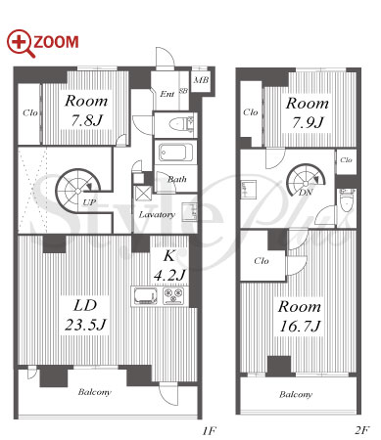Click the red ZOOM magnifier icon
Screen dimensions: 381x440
tap(21, 43)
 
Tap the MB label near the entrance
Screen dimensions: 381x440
tap(201, 80)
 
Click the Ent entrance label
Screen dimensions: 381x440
tap(167, 94)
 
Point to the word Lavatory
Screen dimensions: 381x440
tap(157, 214)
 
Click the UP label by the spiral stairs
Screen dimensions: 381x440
tap(89, 202)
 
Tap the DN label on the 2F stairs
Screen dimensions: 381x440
tap(306, 193)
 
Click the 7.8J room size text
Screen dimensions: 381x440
tap(86, 120)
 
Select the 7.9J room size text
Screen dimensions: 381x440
tap(308, 123)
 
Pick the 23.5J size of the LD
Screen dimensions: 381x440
tap(85, 325)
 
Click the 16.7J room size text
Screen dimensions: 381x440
tap(300, 327)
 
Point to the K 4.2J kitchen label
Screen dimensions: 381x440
tap(169, 266)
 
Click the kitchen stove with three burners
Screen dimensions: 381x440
tap(173, 296)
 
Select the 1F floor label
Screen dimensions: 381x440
tap(209, 431)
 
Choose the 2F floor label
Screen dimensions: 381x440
tap(361, 430)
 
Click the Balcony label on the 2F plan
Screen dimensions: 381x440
tap(296, 395)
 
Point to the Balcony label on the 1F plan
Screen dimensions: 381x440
tap(95, 392)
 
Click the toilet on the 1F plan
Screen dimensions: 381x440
tap(181, 124)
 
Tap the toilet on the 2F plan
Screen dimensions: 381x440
tap(346, 200)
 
